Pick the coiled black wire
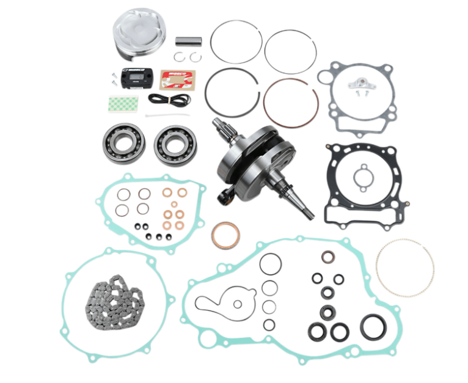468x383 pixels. coord(169,99)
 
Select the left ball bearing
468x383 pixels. coord(123,144)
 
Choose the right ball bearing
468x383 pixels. coord(175,144)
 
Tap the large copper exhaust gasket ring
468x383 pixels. coord(225,235)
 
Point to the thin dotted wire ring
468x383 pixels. coord(404,268)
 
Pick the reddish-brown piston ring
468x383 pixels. coord(290,103)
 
